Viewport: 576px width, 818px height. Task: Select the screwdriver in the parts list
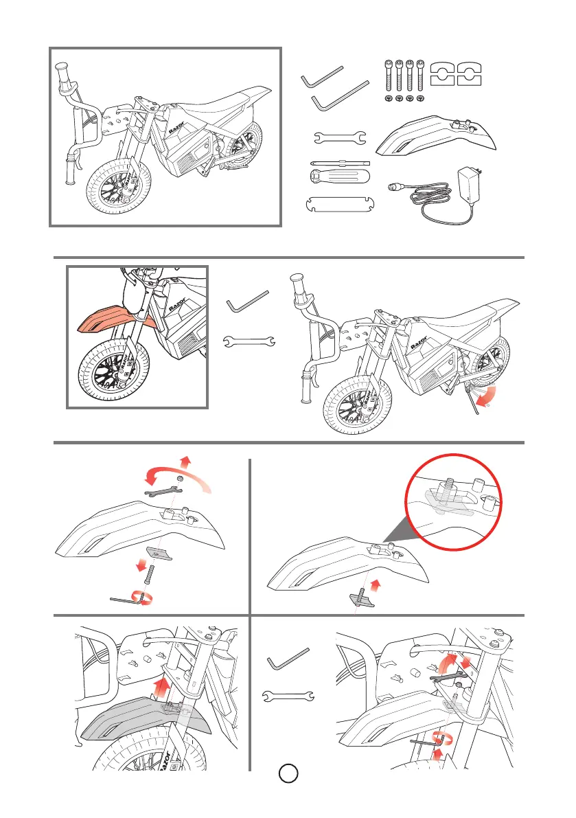coord(339,176)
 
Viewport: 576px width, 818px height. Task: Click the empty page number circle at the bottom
coord(288,774)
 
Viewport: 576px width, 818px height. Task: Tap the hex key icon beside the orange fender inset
coord(247,301)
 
